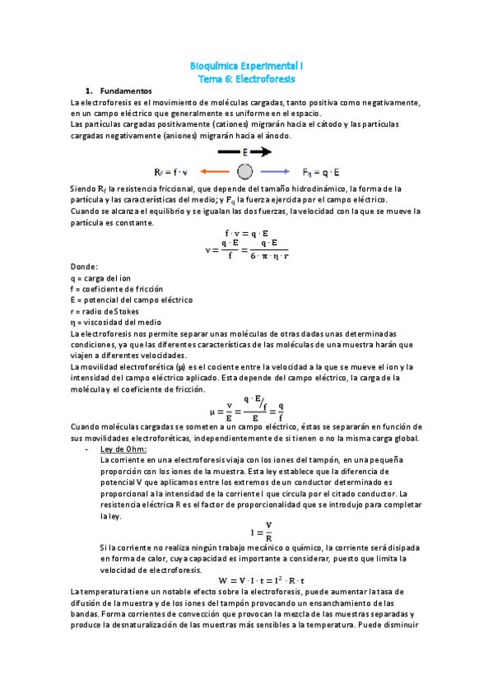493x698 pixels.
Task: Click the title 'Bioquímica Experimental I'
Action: click(x=247, y=64)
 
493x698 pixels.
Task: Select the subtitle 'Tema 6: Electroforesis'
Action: click(x=247, y=78)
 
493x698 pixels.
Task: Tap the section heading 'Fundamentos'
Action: click(x=125, y=90)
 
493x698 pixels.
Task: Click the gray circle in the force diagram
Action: click(x=244, y=172)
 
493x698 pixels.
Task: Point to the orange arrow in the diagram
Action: click(x=215, y=172)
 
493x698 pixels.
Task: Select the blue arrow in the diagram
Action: click(x=274, y=172)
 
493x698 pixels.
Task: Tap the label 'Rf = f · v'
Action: click(x=171, y=172)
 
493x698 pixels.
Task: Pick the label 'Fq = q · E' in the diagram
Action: click(x=321, y=172)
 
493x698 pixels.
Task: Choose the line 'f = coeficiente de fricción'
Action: click(x=117, y=289)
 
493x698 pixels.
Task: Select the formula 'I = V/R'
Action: click(x=247, y=531)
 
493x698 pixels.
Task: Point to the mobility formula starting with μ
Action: click(x=247, y=405)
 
